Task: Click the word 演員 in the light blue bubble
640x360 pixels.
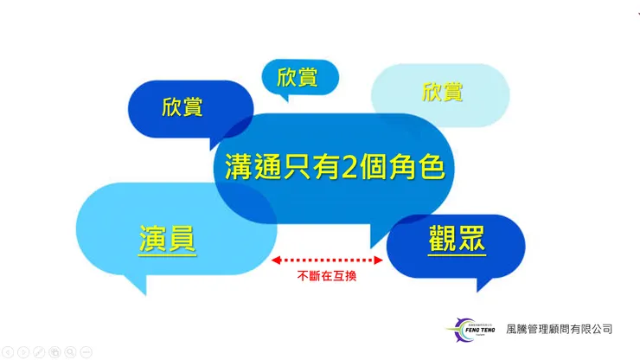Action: pyautogui.click(x=168, y=239)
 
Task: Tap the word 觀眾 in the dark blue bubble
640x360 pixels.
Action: pyautogui.click(x=457, y=238)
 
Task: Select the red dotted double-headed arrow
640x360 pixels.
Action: pyautogui.click(x=327, y=260)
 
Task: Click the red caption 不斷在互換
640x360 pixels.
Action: pyautogui.click(x=327, y=276)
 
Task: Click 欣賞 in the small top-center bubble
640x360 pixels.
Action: pyautogui.click(x=298, y=77)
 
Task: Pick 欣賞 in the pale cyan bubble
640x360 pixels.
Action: pyautogui.click(x=442, y=92)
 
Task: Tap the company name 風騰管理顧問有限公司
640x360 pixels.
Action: pyautogui.click(x=559, y=329)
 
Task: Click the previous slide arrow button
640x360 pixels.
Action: pyautogui.click(x=8, y=352)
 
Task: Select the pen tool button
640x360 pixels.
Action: pyautogui.click(x=39, y=352)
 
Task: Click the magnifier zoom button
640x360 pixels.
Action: pyautogui.click(x=70, y=352)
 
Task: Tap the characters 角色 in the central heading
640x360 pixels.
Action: pyautogui.click(x=416, y=164)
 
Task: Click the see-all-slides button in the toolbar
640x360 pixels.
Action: pyautogui.click(x=54, y=352)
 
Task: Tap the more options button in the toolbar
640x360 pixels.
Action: pyautogui.click(x=86, y=352)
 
